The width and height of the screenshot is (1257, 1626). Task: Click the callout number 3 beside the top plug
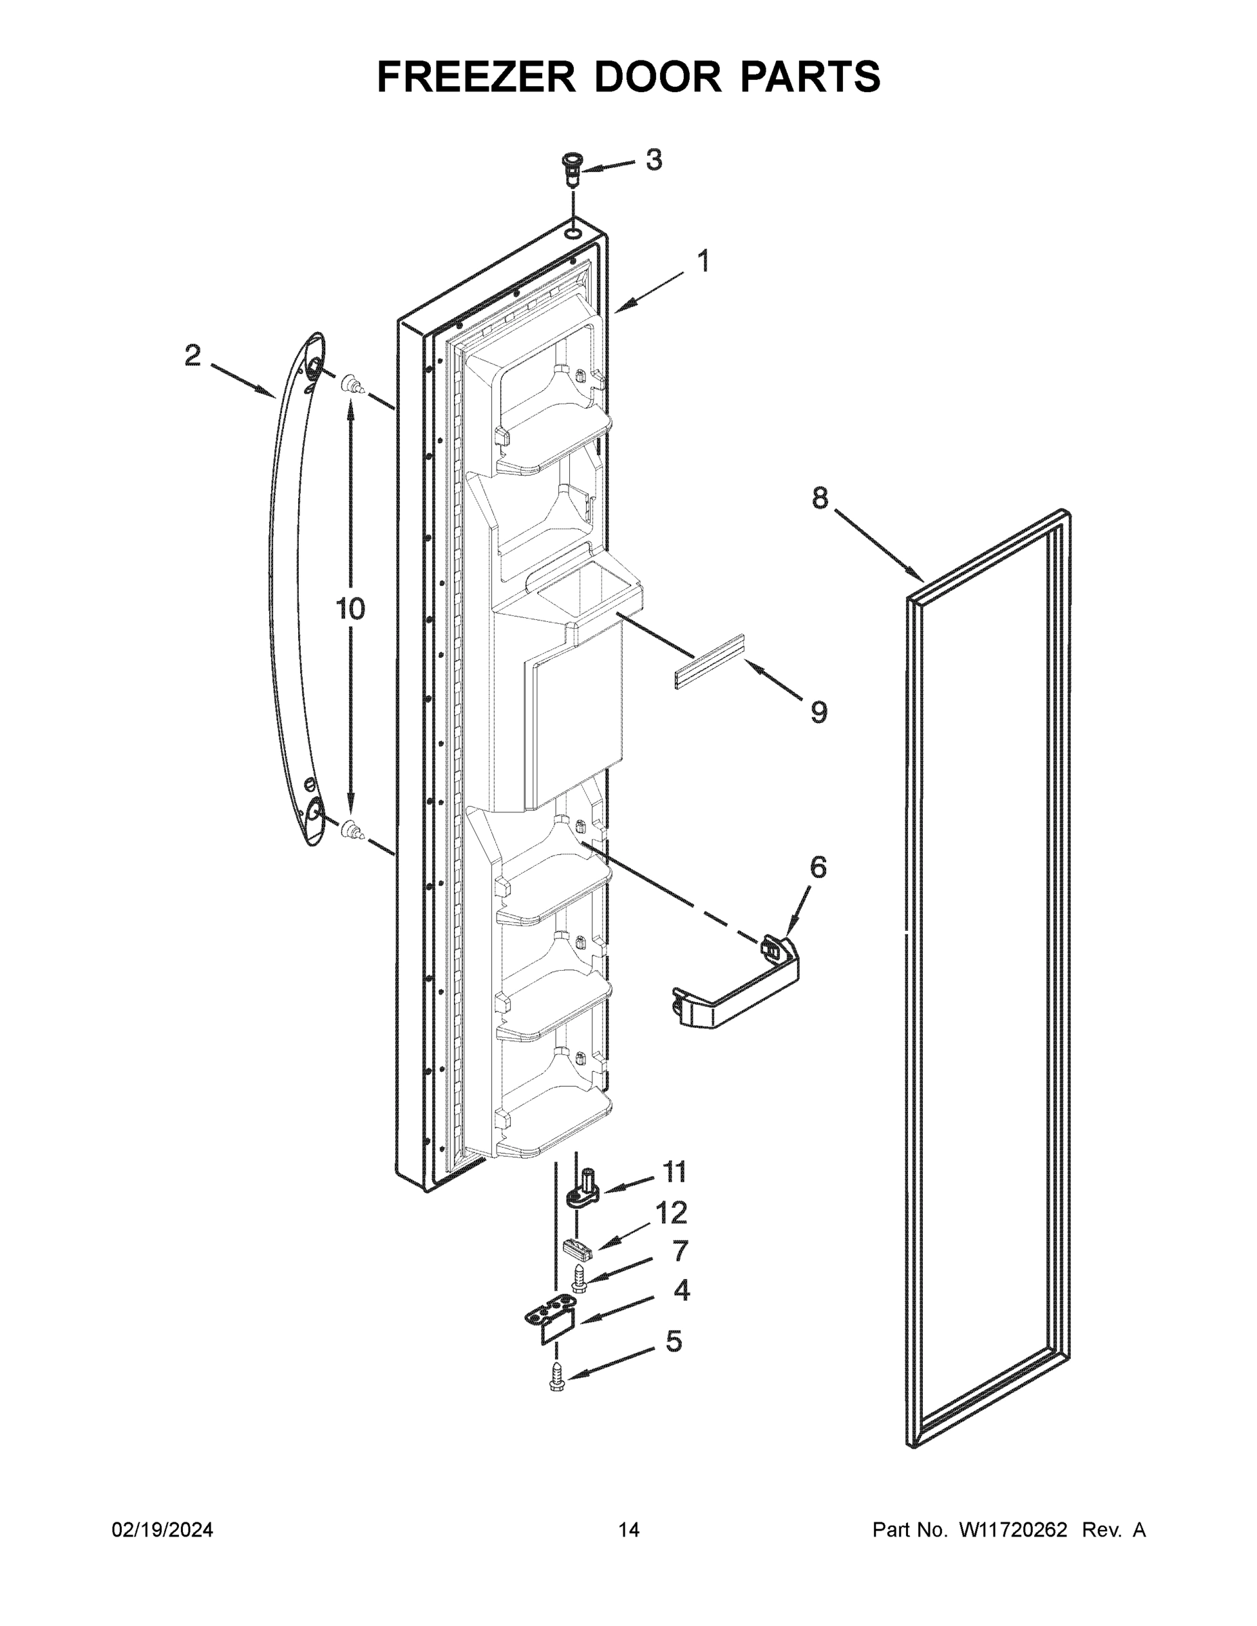click(x=653, y=160)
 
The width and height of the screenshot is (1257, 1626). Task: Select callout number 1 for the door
click(x=702, y=262)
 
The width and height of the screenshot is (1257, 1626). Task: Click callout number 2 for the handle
click(x=193, y=356)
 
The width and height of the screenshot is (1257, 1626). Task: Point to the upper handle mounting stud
click(x=351, y=385)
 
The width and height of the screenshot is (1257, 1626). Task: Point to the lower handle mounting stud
click(x=351, y=829)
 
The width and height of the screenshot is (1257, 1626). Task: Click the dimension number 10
click(x=350, y=608)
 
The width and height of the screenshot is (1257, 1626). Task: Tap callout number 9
click(x=819, y=713)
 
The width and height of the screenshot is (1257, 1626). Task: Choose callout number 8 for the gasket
click(x=819, y=498)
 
